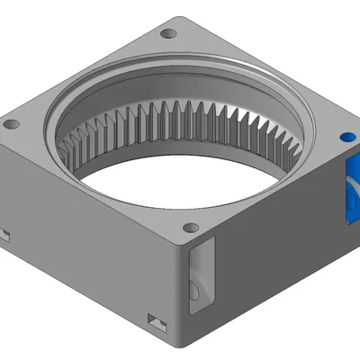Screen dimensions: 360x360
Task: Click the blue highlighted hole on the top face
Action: click(x=346, y=139)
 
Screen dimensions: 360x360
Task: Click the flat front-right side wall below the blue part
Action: click(x=279, y=270)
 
